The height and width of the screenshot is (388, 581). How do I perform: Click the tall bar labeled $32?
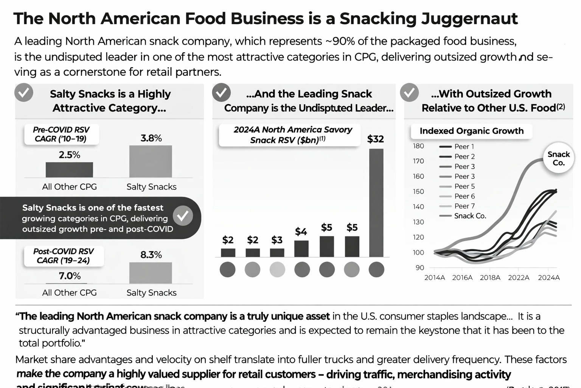point(376,203)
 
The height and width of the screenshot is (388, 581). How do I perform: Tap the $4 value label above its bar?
point(301,232)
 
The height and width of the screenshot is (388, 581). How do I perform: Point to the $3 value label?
point(277,240)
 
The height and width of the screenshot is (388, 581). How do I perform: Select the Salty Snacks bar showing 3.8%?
point(151,161)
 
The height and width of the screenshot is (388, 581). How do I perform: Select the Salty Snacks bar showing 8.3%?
point(151,273)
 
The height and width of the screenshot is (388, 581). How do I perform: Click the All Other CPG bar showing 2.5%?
point(69,170)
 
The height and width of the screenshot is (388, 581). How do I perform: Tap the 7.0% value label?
point(70,276)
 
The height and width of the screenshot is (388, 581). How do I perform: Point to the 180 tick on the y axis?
point(418,146)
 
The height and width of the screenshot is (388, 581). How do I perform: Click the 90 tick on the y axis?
point(420,268)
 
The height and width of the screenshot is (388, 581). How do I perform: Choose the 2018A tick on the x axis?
point(490,278)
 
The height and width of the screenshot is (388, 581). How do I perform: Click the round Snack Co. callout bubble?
point(558,159)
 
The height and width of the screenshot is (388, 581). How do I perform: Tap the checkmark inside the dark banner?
point(183,216)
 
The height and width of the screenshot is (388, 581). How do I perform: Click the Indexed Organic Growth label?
point(471,131)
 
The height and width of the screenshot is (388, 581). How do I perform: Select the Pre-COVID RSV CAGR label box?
point(62,134)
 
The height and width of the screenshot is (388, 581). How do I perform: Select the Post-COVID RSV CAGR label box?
point(64,256)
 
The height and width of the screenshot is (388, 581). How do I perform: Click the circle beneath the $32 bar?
point(376,269)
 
